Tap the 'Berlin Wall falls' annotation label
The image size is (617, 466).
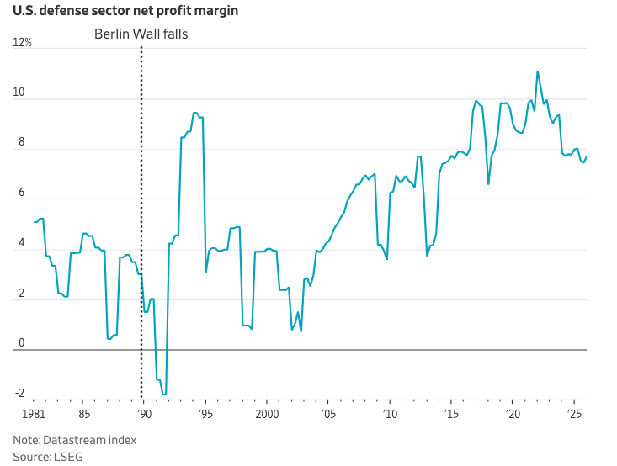tap(141, 34)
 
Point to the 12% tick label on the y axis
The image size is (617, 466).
tap(23, 43)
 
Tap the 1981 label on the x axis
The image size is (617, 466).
tap(33, 415)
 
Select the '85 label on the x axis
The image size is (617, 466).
tap(82, 415)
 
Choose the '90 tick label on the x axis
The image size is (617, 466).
tap(144, 415)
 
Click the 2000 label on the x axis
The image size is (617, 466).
tap(267, 415)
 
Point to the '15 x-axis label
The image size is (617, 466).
tap(451, 415)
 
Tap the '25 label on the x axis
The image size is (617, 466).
tap(574, 415)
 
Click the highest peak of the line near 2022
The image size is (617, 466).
tap(537, 71)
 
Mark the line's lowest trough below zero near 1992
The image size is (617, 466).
tap(164, 395)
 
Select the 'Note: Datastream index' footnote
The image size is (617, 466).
tap(74, 440)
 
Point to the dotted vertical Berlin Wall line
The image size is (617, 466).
tap(141, 210)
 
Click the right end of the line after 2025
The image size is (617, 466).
tap(587, 156)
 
